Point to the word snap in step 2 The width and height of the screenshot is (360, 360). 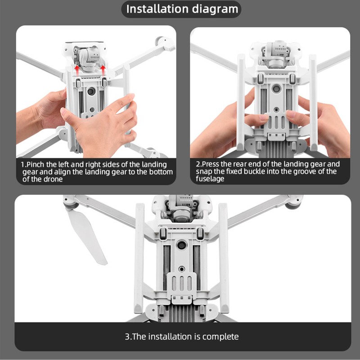point(203,172)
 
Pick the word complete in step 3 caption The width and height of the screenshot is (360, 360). point(220,337)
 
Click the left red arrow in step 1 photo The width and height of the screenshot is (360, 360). point(77,69)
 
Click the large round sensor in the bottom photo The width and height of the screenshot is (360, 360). point(181,245)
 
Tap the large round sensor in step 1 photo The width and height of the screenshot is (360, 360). point(90,91)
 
